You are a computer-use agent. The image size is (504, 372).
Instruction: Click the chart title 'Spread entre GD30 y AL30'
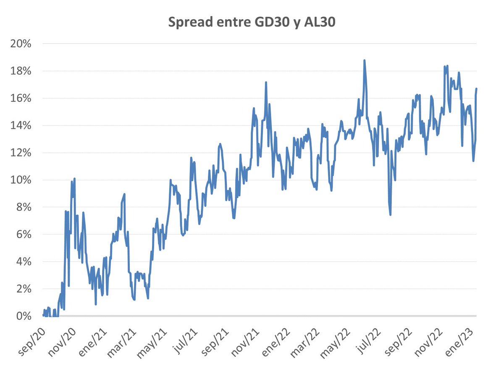tap(252, 22)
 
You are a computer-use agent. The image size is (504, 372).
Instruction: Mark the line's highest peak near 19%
tap(365, 60)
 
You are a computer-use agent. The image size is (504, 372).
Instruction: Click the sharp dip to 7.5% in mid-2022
tap(390, 215)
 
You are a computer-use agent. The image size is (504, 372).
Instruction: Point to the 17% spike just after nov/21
tap(266, 82)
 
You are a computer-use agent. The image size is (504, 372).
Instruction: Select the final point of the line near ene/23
tap(477, 88)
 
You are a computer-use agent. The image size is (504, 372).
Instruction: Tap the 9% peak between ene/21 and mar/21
tap(124, 194)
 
